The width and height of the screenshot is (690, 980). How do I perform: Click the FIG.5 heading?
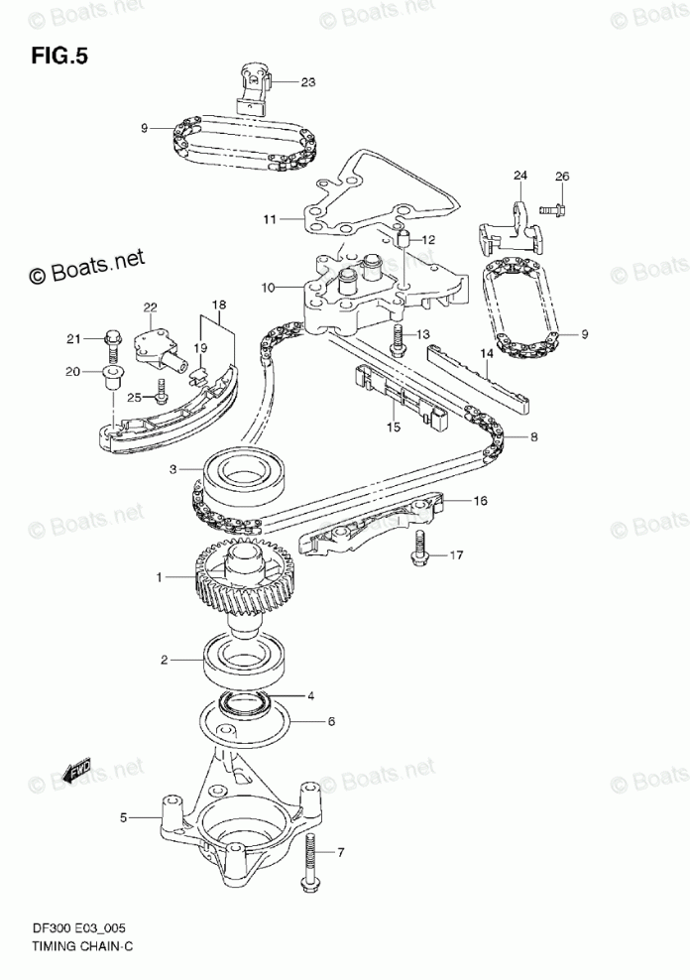click(x=59, y=56)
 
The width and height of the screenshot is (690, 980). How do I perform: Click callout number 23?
click(x=307, y=82)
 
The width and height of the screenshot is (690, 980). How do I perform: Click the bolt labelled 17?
click(x=421, y=549)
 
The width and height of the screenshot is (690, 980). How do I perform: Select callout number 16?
click(x=480, y=501)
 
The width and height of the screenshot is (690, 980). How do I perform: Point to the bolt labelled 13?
click(x=399, y=339)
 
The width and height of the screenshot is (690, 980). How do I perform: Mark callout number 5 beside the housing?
click(x=124, y=818)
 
